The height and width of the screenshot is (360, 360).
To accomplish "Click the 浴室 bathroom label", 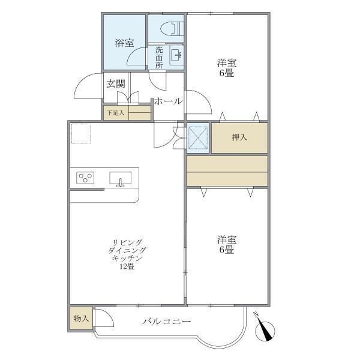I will point(124,43).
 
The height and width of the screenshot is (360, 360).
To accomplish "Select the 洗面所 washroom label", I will point(159,58).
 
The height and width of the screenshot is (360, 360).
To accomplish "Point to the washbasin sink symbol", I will point(176,56).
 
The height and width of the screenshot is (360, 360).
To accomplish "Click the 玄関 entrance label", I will point(116,84).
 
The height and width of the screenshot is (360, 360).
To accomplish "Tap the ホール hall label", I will point(168,101).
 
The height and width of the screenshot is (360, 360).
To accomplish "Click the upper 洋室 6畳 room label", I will point(226,67).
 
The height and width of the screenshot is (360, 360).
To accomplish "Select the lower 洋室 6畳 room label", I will point(226,244).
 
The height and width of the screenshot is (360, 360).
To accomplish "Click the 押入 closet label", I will point(239,138).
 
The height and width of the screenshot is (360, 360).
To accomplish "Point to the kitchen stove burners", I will point(86,178).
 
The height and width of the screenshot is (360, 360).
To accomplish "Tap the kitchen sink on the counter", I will point(121,178).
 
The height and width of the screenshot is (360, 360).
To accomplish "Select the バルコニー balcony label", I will point(167,322).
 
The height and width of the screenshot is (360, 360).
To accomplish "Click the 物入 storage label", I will point(81,318).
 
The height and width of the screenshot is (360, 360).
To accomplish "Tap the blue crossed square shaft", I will point(198,138).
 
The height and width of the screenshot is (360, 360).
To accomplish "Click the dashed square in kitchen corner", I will point(80,134).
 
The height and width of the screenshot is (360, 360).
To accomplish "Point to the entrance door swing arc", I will point(87,87).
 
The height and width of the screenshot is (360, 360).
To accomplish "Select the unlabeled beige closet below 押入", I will point(226,170).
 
